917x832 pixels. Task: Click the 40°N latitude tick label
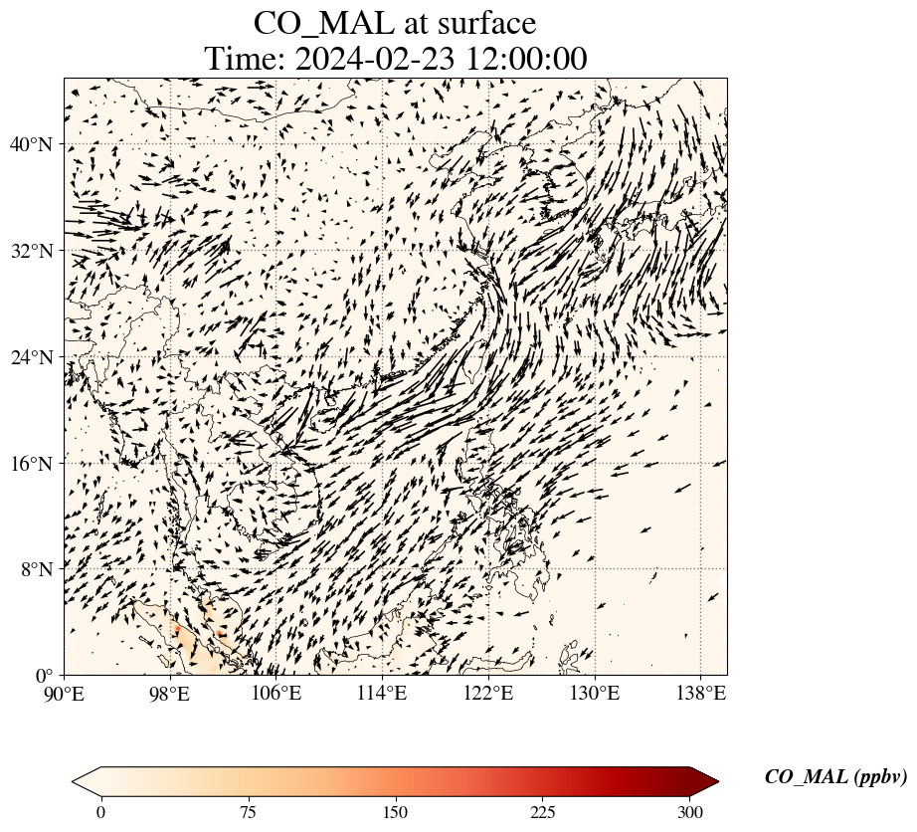(32, 145)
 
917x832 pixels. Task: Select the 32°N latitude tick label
(32, 251)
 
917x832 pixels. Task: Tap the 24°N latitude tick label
(32, 357)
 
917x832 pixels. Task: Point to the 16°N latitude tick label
(32, 464)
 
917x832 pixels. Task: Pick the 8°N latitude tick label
(37, 569)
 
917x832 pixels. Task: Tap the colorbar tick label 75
(248, 812)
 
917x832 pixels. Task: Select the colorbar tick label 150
(396, 812)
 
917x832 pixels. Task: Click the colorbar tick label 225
(543, 812)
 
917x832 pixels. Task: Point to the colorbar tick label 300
(690, 812)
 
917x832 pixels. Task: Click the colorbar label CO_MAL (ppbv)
(835, 777)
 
